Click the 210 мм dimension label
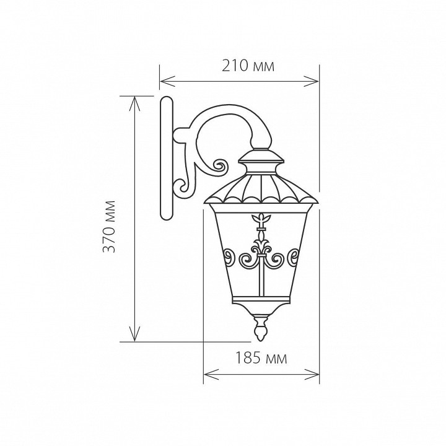248,66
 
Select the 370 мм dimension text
110,227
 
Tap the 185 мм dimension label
261,358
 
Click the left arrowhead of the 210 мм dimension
167,81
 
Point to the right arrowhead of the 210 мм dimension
312,81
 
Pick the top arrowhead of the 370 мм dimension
134,103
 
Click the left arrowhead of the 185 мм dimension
211,374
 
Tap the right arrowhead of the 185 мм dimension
312,374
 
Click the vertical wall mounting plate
167,159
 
